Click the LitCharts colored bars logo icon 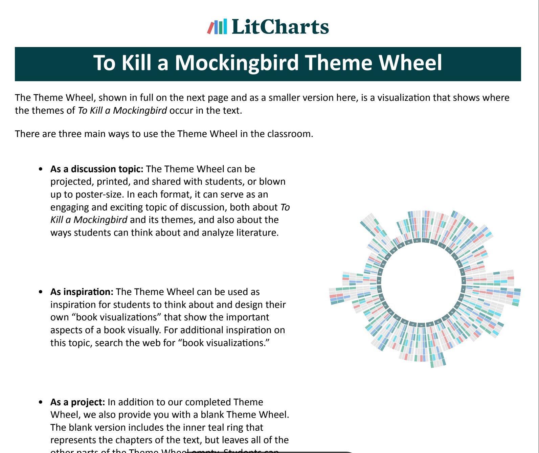(x=217, y=27)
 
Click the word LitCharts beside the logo (x=280, y=27)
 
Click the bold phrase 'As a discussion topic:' (x=97, y=169)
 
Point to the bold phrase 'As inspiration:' (x=82, y=292)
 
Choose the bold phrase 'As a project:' (x=78, y=402)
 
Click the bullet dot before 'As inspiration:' (x=41, y=292)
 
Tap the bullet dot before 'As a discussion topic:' (x=41, y=169)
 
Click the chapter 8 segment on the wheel (x=464, y=281)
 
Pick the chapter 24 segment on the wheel (x=379, y=281)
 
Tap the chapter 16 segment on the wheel (x=421, y=325)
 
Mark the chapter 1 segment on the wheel (x=426, y=241)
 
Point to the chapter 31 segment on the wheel (x=417, y=241)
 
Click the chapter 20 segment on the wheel (x=390, y=312)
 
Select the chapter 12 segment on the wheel (x=452, y=312)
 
